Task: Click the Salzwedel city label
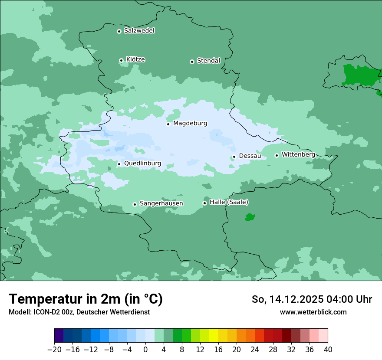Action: pos(139,31)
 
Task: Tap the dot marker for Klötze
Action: pos(121,60)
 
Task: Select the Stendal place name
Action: pos(208,61)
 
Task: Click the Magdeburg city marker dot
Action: pos(168,124)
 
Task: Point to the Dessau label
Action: pos(250,156)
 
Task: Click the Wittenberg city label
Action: pos(298,154)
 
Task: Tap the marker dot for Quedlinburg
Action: pos(119,164)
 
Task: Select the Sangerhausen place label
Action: pos(161,203)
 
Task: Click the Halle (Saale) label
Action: pos(229,202)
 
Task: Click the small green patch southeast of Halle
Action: pos(250,217)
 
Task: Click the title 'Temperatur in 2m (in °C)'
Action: pos(86,299)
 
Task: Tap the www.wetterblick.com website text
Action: pos(313,312)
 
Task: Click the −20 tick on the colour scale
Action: pos(54,350)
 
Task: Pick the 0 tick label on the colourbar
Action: pos(145,350)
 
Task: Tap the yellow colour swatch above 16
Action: pos(214,336)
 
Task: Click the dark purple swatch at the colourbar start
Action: pos(59,336)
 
